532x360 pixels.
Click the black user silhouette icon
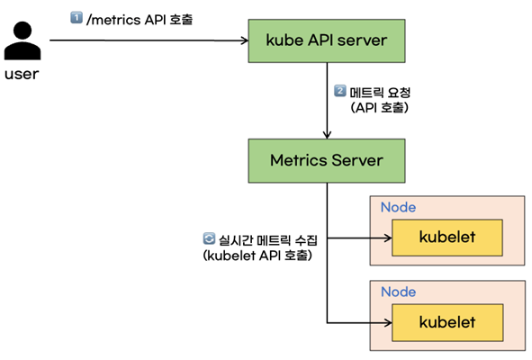coord(23,40)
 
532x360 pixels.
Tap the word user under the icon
coord(22,74)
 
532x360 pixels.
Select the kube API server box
coord(327,40)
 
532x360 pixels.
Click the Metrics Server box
coord(327,161)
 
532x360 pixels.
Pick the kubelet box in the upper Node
coord(447,238)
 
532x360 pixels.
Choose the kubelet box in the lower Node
coord(447,322)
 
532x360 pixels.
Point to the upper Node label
coord(398,207)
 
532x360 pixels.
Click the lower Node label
coord(398,292)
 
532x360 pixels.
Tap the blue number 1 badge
coord(77,17)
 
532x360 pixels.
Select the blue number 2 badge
coord(340,91)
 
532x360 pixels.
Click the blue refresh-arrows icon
coord(209,238)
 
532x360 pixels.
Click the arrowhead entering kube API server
coord(245,40)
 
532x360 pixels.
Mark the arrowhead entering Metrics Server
coord(327,135)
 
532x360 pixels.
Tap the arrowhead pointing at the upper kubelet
coord(388,238)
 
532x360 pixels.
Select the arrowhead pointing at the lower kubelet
coord(388,323)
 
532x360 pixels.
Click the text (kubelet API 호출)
coord(257,256)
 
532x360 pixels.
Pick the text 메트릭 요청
coord(380,93)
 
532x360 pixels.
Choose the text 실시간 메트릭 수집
coord(267,240)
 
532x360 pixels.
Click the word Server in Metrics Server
coord(357,160)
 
